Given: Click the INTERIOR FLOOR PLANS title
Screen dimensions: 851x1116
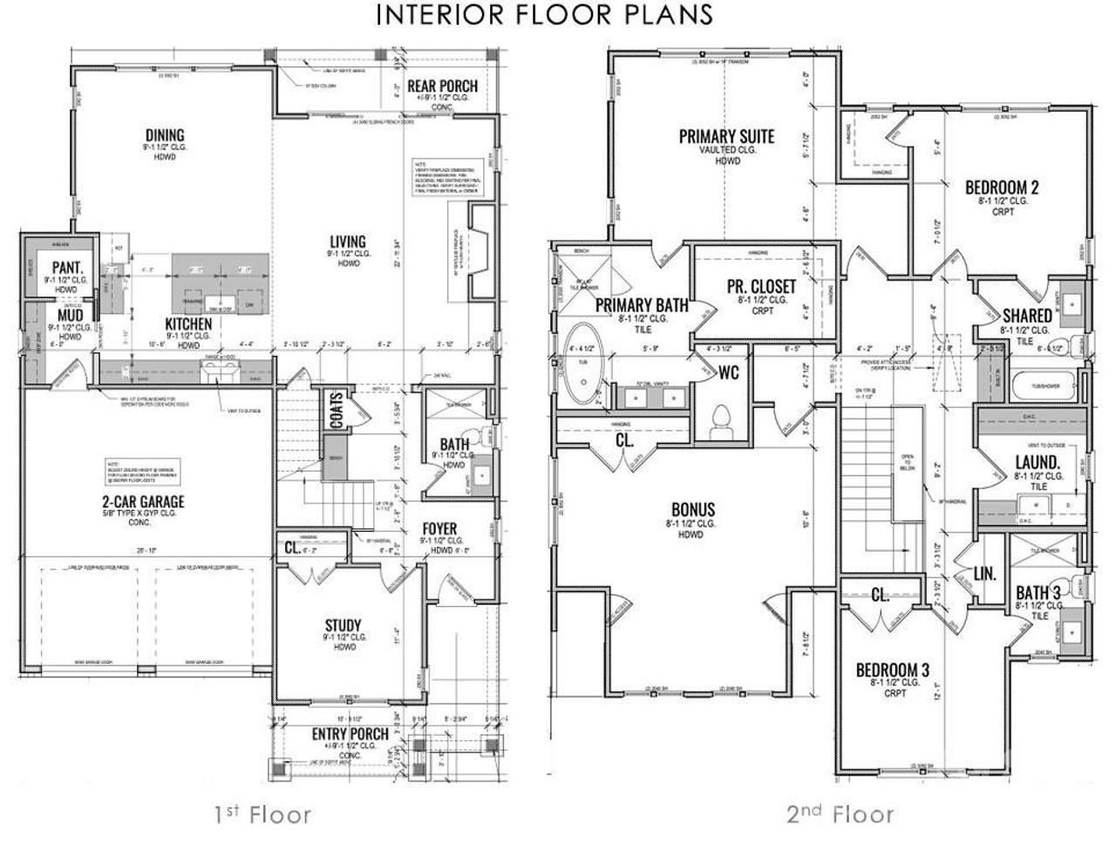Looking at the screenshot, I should (x=545, y=15).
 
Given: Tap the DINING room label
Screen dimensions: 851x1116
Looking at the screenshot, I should (x=165, y=134).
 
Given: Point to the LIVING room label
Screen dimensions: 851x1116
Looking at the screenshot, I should (x=347, y=242).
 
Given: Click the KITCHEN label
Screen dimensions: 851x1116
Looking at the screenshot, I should (x=189, y=323).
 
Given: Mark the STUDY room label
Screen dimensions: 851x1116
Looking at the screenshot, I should (x=344, y=625).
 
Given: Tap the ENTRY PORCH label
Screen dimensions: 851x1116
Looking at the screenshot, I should (x=350, y=733).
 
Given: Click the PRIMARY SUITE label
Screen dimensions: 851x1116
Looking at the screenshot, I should (x=726, y=136).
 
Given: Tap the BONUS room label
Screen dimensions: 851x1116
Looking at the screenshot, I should (x=693, y=509).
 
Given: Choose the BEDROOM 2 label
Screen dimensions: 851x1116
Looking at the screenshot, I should (x=1002, y=187).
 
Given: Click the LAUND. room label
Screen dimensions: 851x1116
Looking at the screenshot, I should (x=1038, y=461).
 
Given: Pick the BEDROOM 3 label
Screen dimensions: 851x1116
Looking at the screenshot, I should (x=893, y=670).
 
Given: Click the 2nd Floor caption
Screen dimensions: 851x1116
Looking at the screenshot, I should (x=840, y=814).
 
